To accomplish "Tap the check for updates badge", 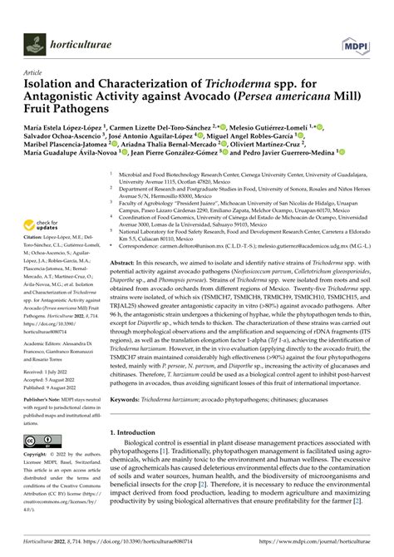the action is point(45,227).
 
